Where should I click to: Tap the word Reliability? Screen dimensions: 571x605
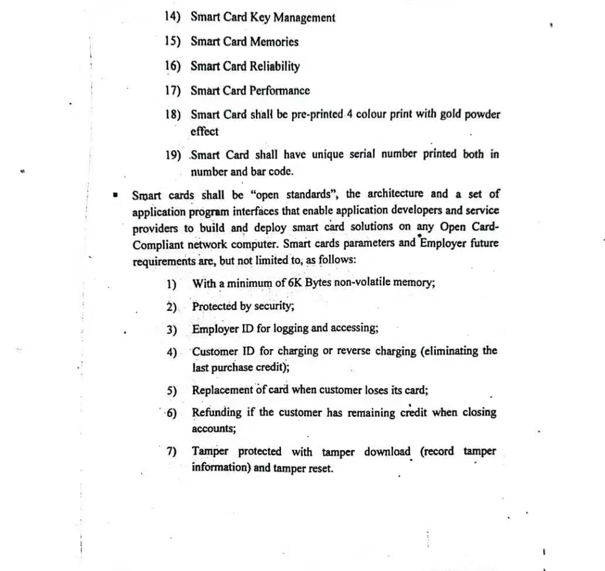tap(275, 66)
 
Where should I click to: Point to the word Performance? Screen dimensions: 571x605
tap(279, 90)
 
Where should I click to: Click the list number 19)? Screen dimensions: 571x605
tap(173, 155)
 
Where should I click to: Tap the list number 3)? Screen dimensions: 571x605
tap(172, 330)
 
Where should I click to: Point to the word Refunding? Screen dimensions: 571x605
tap(217, 412)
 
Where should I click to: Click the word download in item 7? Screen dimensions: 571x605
tap(387, 452)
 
